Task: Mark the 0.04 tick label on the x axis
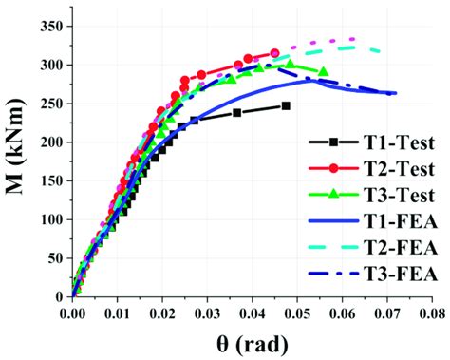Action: tap(252, 311)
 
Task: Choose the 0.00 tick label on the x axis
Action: tap(72, 311)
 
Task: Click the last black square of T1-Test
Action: tap(286, 105)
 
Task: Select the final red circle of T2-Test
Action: tap(274, 53)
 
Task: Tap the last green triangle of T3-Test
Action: tap(324, 71)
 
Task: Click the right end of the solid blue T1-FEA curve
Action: tap(395, 93)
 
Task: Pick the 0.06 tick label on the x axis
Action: tap(342, 311)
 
